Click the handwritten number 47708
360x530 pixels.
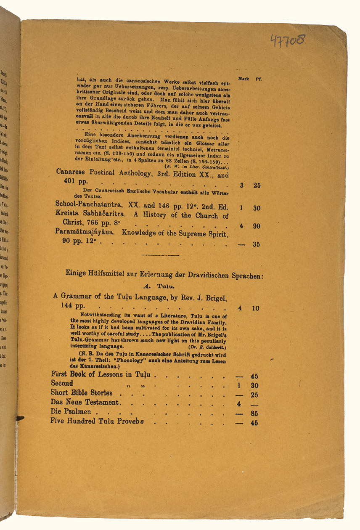[288, 41]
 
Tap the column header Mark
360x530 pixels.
[243, 79]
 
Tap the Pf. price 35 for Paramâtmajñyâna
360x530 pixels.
[256, 244]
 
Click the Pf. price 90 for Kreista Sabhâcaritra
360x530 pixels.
[256, 226]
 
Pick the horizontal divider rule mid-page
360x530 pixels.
[161, 255]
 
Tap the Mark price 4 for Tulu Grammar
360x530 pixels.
[240, 308]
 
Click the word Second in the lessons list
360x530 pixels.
[62, 383]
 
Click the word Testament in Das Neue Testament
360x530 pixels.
[103, 403]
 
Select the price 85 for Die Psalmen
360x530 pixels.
[254, 414]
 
